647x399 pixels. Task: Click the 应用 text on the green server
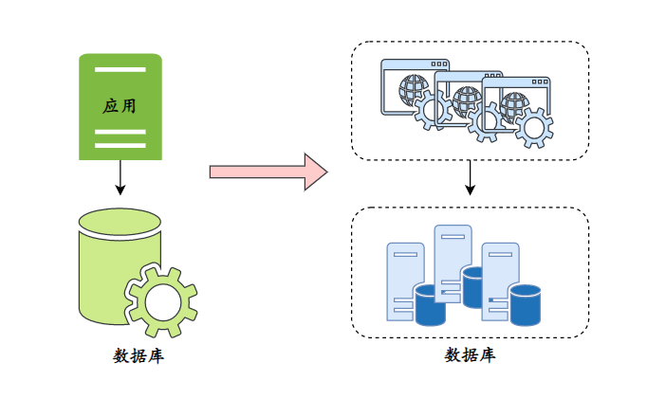pos(120,106)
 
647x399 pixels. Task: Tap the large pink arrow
pos(268,172)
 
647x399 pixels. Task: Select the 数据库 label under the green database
pos(139,355)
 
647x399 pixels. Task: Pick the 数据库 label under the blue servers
pos(470,354)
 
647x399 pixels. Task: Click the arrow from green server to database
pos(120,177)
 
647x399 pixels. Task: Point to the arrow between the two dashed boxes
pos(470,177)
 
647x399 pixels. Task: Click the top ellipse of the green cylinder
pos(120,222)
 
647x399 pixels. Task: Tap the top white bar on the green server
pos(120,69)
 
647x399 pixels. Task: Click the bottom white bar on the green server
pos(120,145)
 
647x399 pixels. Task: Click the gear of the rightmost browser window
pos(534,128)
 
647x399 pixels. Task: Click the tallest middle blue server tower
pos(453,263)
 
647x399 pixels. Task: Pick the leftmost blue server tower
pos(405,281)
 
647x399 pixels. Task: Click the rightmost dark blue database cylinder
pos(525,304)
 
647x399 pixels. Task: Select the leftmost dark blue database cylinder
pos(431,304)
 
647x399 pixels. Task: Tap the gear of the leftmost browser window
pos(433,110)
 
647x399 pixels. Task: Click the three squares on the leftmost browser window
pos(438,64)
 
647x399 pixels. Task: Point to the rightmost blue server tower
pos(500,281)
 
